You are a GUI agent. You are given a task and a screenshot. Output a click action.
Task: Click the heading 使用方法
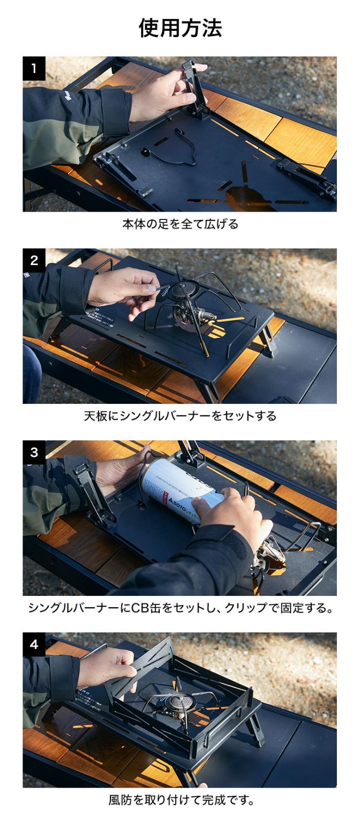(180, 28)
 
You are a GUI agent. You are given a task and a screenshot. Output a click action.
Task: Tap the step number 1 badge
(34, 68)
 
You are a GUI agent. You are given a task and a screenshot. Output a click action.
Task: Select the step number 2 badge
(34, 260)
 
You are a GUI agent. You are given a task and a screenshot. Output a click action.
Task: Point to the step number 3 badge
(34, 452)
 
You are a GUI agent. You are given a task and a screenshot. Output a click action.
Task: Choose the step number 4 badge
(34, 644)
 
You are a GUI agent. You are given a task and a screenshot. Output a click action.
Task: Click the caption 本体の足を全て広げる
(180, 224)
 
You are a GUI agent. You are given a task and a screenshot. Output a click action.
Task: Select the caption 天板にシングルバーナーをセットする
(180, 416)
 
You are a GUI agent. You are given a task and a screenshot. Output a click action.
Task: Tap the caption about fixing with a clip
(180, 608)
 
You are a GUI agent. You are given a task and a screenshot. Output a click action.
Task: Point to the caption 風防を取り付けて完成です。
(180, 800)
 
